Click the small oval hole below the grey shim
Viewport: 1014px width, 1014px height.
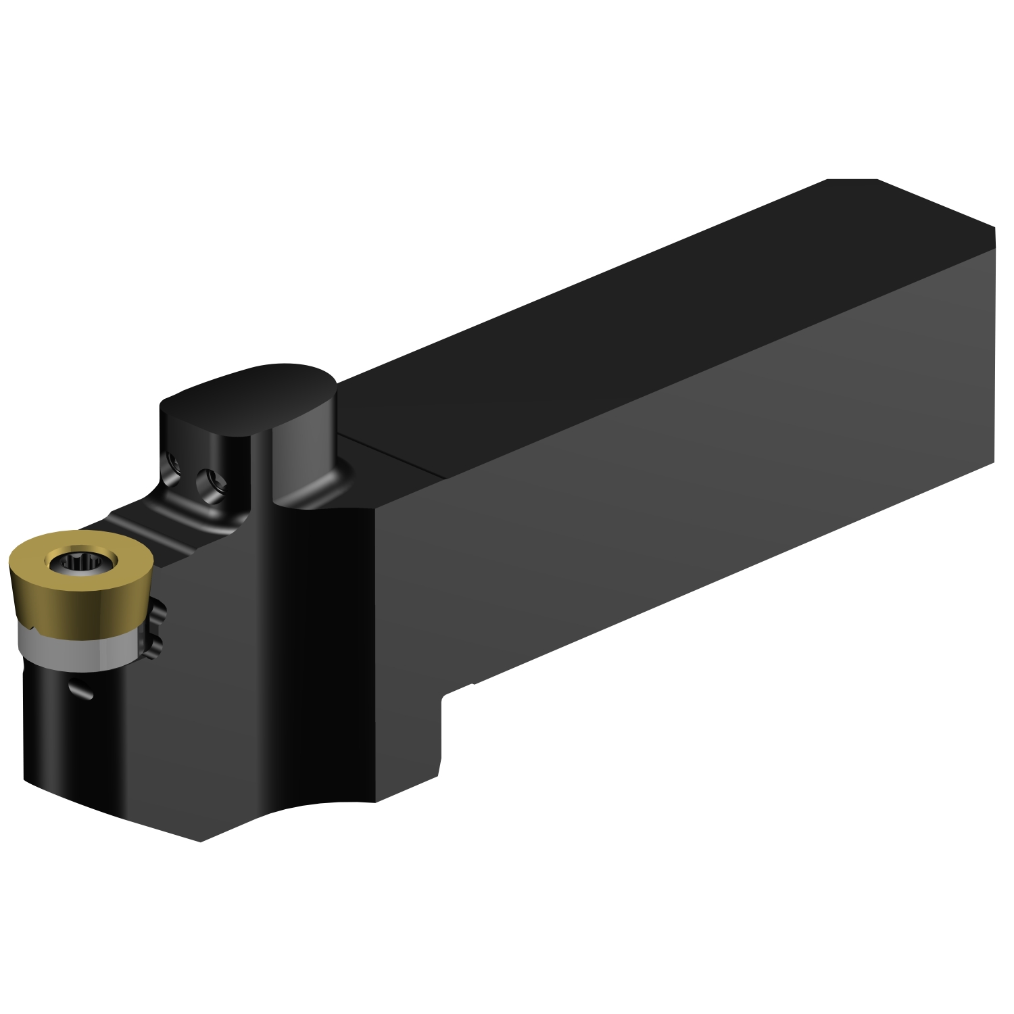click(x=80, y=690)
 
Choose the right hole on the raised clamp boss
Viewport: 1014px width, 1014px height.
click(x=210, y=483)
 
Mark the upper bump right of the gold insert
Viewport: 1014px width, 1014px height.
click(x=160, y=612)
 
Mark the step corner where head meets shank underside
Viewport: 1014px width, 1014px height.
click(x=443, y=700)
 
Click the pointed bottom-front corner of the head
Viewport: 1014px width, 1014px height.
click(x=201, y=840)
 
